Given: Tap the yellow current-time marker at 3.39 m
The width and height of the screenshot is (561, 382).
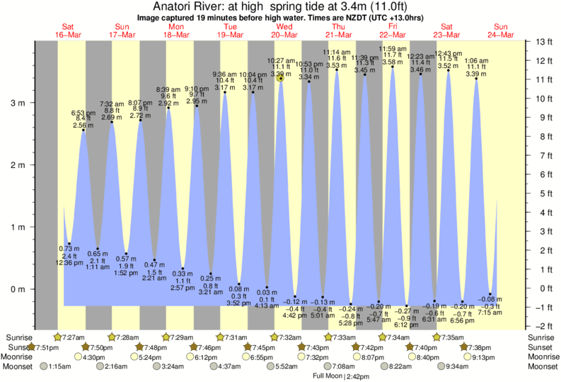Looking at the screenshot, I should tap(281, 78).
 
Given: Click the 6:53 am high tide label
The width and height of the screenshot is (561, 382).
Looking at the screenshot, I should tap(83, 113).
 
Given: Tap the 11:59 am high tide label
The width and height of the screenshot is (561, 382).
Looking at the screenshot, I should tap(393, 47).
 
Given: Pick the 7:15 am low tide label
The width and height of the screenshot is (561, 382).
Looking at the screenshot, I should tap(490, 312).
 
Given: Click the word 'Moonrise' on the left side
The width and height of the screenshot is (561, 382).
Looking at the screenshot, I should tap(19, 357).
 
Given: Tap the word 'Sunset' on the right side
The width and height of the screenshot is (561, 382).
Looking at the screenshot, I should tap(541, 347).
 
